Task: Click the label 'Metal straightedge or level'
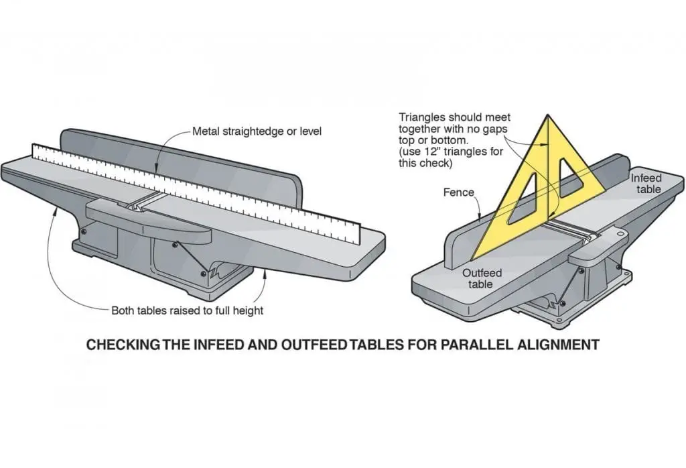click(257, 131)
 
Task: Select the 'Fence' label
click(458, 192)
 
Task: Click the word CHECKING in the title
click(124, 345)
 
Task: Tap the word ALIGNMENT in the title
click(561, 345)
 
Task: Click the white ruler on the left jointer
click(201, 195)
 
